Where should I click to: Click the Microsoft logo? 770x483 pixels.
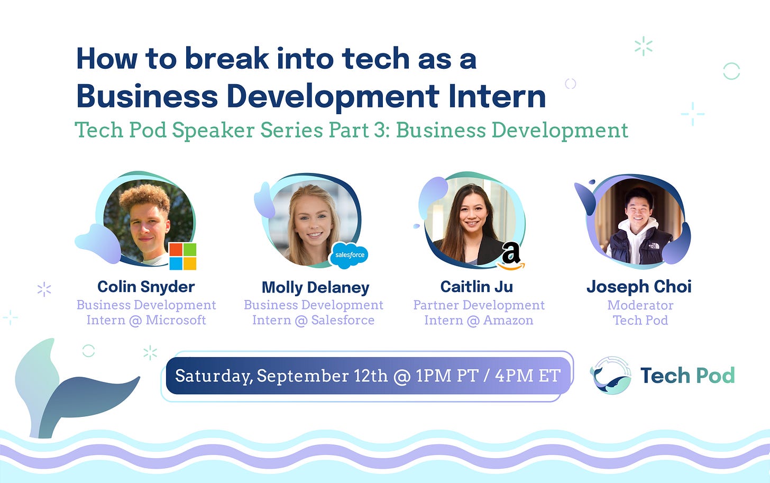click(182, 256)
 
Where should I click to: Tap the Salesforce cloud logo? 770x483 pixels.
click(349, 255)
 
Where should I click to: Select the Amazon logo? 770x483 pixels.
click(511, 256)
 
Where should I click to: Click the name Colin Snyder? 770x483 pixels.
click(146, 287)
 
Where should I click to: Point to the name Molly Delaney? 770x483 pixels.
click(316, 288)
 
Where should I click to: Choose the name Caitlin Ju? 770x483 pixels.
click(477, 287)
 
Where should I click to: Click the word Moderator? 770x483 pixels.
click(640, 305)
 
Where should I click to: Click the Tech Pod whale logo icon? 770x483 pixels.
click(611, 375)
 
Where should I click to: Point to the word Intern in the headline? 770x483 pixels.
click(497, 96)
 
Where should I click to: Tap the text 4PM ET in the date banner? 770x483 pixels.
click(528, 376)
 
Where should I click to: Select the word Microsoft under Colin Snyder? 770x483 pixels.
click(176, 320)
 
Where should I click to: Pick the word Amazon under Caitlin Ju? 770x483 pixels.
click(508, 321)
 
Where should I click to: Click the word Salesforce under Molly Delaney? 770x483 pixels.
click(343, 320)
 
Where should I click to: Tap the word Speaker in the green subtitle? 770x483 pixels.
click(213, 130)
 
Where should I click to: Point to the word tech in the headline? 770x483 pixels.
click(375, 58)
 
